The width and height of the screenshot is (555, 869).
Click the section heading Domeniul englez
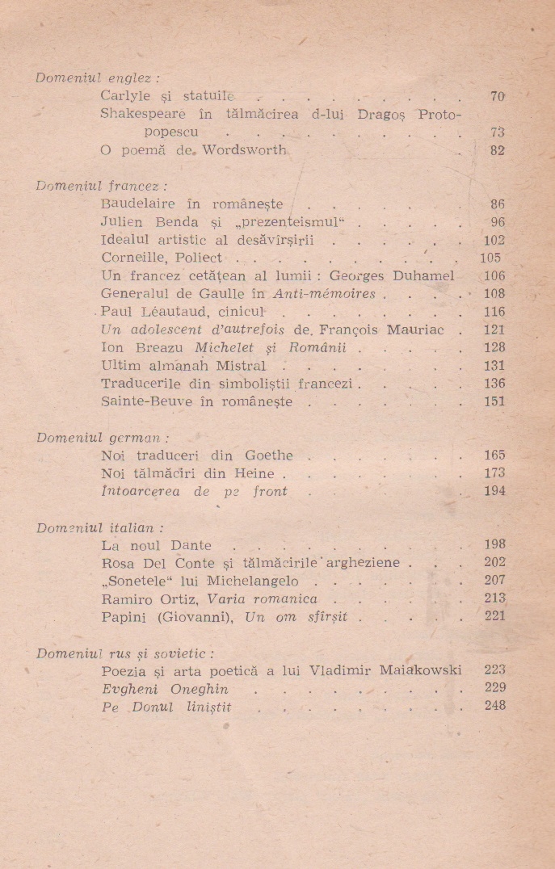point(98,78)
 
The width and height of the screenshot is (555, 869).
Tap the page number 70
point(497,97)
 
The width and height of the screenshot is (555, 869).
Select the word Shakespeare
point(141,114)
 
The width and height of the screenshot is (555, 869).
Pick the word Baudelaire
point(142,204)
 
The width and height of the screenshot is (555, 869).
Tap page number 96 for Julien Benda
point(497,222)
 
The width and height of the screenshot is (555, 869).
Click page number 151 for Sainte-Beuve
point(494,401)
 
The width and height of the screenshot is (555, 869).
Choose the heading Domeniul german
point(102,438)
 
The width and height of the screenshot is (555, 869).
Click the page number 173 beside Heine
point(494,473)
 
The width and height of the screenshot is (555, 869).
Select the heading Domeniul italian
point(99,528)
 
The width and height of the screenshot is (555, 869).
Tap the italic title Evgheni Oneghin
point(165,689)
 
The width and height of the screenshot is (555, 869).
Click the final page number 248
point(494,706)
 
